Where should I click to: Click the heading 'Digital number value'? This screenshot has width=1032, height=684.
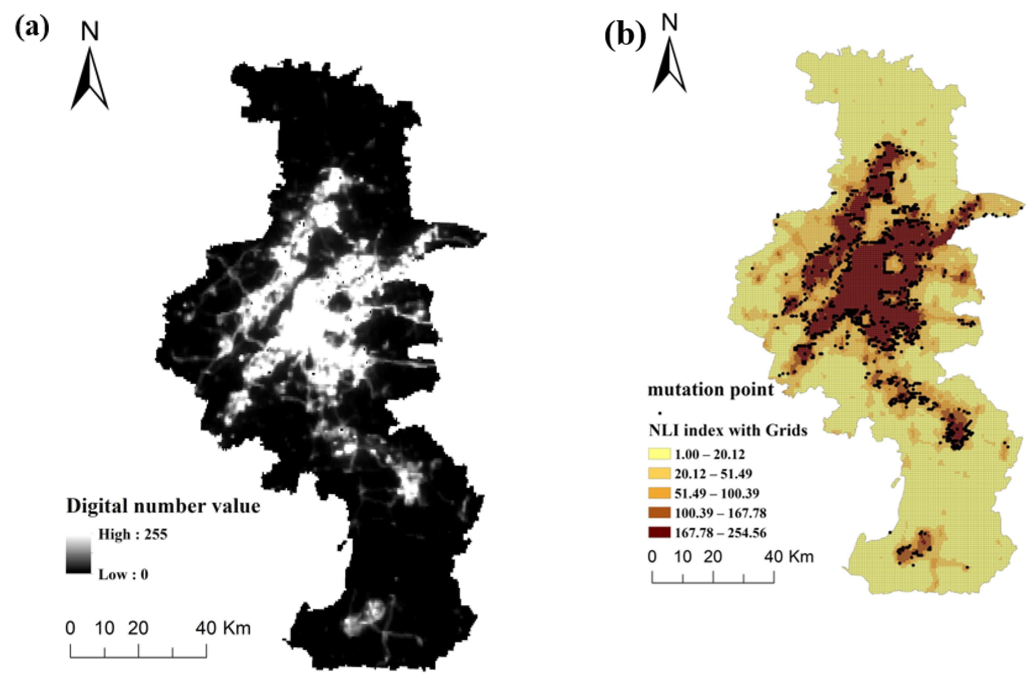[163, 506]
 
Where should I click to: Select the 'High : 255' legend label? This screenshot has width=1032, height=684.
[133, 534]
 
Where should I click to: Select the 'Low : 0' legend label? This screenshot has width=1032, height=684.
[123, 575]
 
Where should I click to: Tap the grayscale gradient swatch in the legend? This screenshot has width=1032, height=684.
[79, 554]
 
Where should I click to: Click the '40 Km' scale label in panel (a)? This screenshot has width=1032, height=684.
[223, 628]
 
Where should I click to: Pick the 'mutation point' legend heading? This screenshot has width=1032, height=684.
[711, 389]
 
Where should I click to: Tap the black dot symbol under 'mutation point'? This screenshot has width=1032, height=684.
[660, 412]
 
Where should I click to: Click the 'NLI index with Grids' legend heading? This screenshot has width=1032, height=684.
[728, 430]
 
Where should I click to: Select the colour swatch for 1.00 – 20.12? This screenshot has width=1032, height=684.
[659, 454]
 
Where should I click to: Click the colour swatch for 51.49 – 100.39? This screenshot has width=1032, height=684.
[659, 493]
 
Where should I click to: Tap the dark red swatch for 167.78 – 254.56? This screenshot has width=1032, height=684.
[659, 533]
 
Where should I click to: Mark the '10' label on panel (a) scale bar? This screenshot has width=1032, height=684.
[104, 628]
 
